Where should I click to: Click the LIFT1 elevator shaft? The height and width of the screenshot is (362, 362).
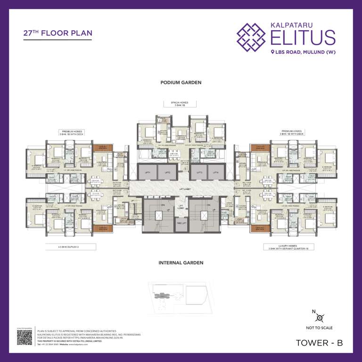[x=148, y=173]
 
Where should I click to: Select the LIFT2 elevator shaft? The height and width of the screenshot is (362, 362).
[x=167, y=173]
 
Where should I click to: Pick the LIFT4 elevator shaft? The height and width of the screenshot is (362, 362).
[x=215, y=173]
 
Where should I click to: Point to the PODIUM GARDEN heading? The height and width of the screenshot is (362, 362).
[x=181, y=82]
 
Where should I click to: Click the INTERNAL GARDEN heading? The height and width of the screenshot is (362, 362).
[x=181, y=263]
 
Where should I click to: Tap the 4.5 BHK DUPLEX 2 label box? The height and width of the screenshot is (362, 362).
[x=71, y=247]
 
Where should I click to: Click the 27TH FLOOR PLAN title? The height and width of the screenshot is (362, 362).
[x=58, y=33]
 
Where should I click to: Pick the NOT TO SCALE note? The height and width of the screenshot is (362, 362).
[x=320, y=328]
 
